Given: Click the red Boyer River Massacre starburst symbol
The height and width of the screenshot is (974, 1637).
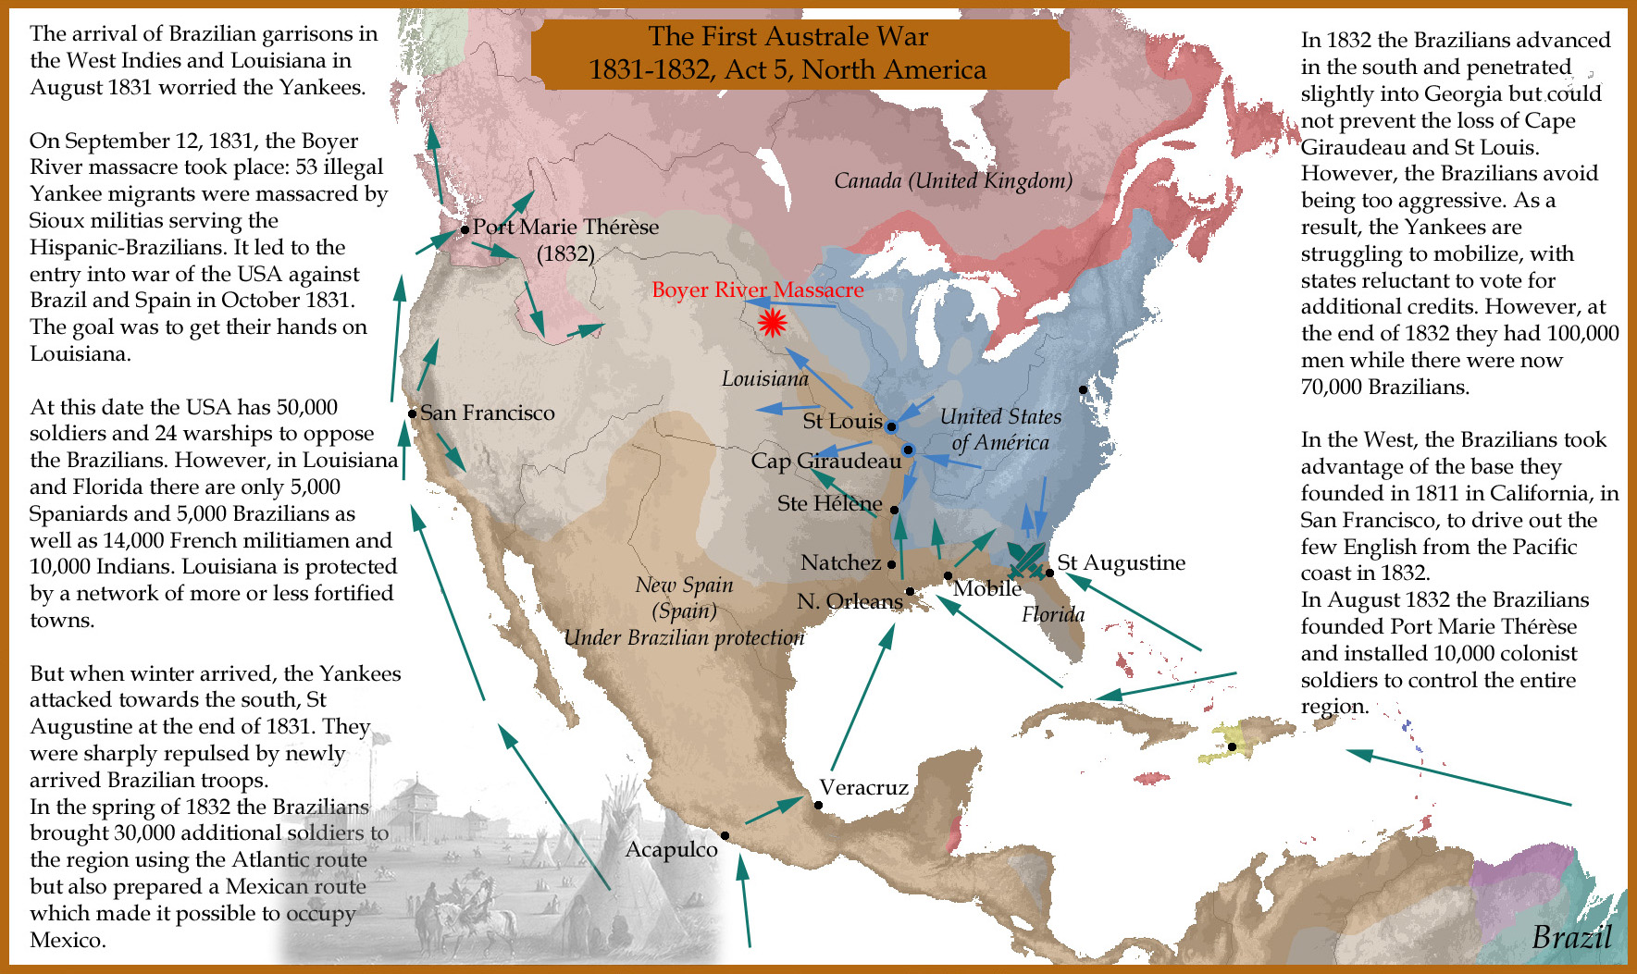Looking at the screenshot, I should coord(771,322).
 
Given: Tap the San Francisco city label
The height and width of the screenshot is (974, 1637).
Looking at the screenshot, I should coord(488,413).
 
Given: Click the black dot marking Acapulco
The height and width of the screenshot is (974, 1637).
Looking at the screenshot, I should coord(725,835).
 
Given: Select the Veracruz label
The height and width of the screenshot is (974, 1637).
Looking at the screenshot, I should coord(863,787).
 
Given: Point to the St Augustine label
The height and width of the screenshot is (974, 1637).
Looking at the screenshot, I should coord(1121,562).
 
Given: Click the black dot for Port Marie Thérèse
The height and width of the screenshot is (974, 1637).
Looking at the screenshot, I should coord(465,229).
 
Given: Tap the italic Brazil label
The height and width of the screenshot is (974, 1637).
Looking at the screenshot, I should coord(1571,936).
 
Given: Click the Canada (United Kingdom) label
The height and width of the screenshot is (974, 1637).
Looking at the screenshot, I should coord(953,180).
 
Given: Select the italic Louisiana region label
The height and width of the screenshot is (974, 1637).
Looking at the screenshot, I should coord(764,378).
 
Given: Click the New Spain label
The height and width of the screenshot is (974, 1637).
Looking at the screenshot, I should coord(684,585).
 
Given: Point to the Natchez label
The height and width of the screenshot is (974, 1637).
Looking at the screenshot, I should coord(840,562).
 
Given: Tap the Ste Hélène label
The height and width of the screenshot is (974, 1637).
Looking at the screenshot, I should coord(829,503).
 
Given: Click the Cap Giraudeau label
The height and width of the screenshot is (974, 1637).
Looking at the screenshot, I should coord(825,461).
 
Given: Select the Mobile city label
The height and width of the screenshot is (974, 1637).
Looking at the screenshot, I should coord(987,588).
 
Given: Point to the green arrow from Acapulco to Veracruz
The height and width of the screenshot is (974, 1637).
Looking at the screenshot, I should coord(773,810).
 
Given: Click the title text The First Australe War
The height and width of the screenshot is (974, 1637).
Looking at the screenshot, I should coord(787,36).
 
